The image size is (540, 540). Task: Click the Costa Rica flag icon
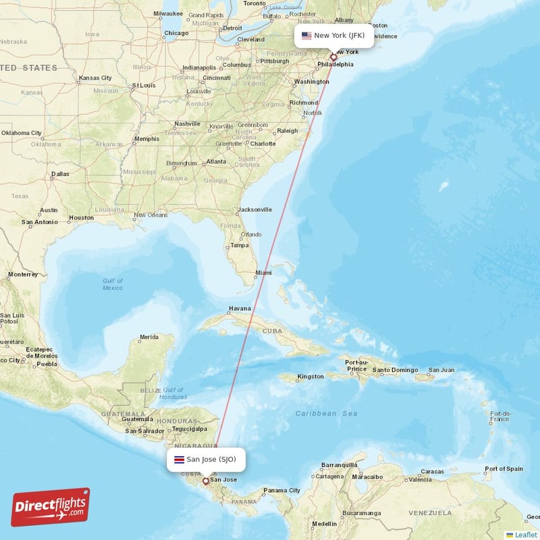[179, 460]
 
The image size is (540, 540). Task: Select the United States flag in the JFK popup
[306, 36]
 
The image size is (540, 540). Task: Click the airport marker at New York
[333, 57]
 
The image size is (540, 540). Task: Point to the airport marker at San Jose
[206, 481]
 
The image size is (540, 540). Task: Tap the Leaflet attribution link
[525, 535]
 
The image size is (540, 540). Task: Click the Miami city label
[263, 273]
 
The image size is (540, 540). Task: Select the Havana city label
[240, 308]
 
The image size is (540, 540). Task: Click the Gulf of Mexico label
[113, 284]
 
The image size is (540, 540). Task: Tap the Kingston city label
[310, 376]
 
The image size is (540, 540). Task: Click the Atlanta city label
[216, 162]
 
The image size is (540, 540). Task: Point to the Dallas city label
[59, 174]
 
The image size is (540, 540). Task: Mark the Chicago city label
[176, 33]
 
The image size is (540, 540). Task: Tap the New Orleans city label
[150, 215]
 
